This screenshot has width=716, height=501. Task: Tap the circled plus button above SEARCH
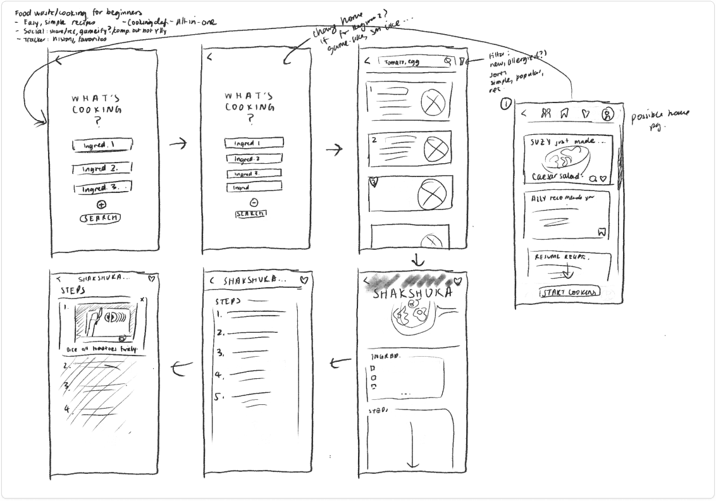coord(102,204)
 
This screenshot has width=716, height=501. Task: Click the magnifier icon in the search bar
coord(448,61)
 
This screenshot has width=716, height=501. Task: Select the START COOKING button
coord(569,292)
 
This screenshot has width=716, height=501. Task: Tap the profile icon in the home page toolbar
coord(607,114)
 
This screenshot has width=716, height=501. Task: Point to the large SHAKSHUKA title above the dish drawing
coord(414,295)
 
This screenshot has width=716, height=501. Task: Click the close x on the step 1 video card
coord(142,299)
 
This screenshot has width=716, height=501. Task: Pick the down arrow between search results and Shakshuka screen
coord(417,260)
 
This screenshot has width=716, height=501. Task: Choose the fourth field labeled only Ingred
coord(253,187)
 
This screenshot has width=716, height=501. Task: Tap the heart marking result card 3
coord(373,182)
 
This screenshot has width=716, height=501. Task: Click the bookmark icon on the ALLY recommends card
coord(602,233)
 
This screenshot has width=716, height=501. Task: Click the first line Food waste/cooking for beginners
coord(79,12)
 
